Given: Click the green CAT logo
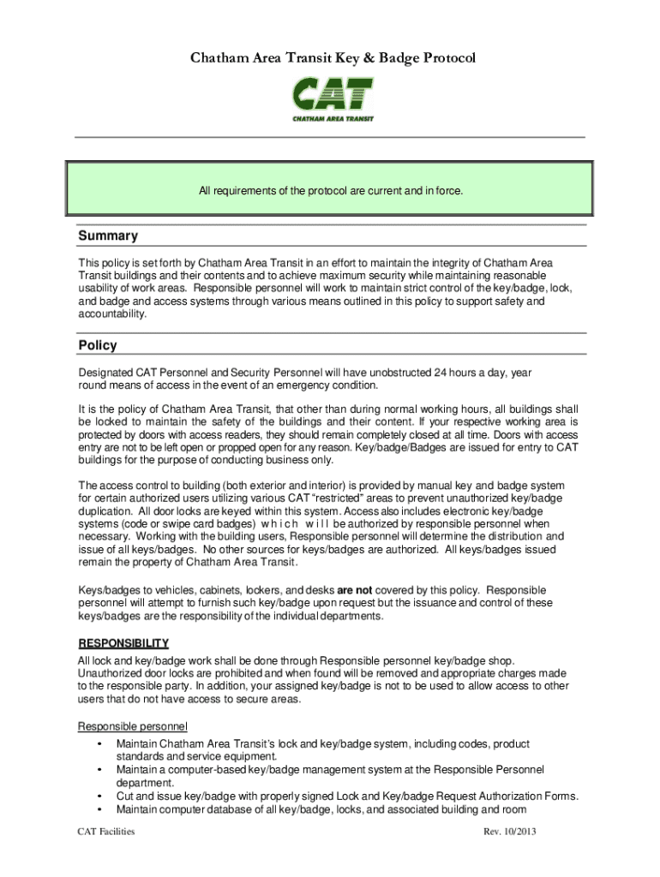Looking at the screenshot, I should [333, 98].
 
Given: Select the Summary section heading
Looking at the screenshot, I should [108, 236].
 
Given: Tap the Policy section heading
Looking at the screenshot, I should [98, 345].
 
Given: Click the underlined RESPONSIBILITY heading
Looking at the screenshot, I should [123, 643].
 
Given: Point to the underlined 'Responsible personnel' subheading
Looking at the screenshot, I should [132, 727].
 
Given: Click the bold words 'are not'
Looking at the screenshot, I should [354, 590].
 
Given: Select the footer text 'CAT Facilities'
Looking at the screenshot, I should [106, 832].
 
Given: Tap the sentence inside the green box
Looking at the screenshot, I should [331, 190].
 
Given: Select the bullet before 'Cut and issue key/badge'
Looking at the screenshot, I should [101, 796].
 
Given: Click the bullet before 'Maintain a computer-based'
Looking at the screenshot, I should [101, 770].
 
